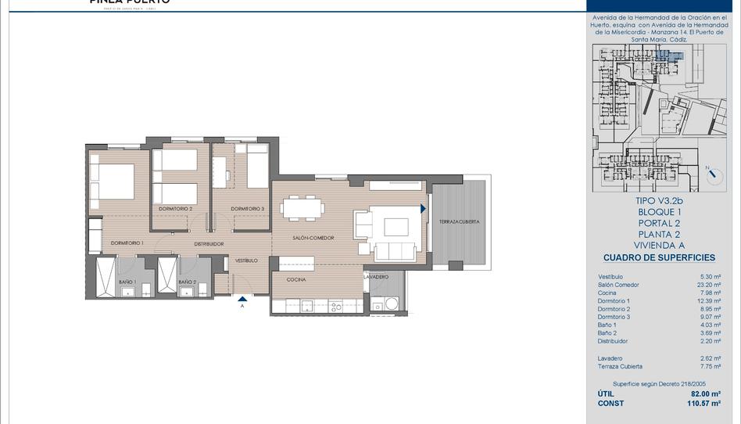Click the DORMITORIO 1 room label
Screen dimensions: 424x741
[127, 243]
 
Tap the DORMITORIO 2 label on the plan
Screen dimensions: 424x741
[175, 209]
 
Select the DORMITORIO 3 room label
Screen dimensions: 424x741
[247, 209]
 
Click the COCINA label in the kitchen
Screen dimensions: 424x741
[295, 279]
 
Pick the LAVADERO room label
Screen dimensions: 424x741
[376, 277]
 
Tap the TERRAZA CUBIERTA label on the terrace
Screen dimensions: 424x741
[459, 221]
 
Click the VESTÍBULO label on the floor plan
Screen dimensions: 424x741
[247, 260]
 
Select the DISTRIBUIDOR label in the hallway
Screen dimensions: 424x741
[208, 244]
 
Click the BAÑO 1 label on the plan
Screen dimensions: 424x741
[128, 282]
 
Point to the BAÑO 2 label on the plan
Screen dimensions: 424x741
[187, 282]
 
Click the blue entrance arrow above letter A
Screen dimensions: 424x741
[243, 298]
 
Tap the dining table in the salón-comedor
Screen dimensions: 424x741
[302, 208]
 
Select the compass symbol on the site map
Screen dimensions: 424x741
[714, 174]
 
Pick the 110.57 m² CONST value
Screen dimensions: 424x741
[703, 404]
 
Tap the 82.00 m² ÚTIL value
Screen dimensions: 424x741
[706, 394]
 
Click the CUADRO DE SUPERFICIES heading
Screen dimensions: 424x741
[659, 257]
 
